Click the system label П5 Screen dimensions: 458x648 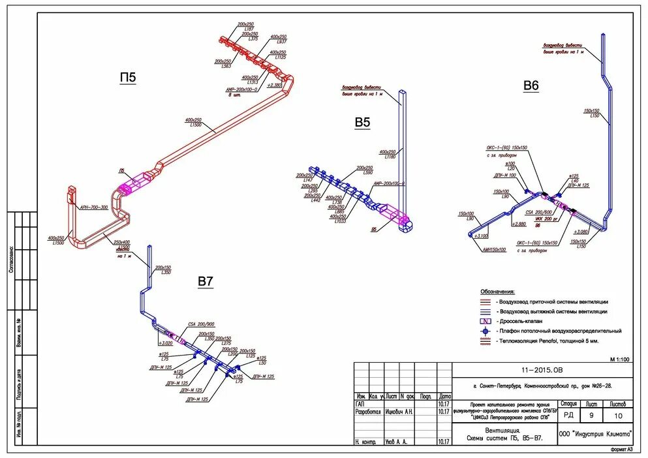(127, 78)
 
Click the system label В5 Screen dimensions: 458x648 (362, 122)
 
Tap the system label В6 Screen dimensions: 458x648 (531, 85)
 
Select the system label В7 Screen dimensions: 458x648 (206, 281)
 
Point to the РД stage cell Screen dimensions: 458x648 (569, 415)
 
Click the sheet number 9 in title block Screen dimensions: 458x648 (593, 415)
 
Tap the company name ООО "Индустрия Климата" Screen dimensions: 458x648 (596, 434)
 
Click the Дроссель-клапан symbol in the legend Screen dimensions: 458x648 (486, 322)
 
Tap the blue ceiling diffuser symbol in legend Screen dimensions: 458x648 (486, 331)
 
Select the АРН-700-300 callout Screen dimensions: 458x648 (94, 207)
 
